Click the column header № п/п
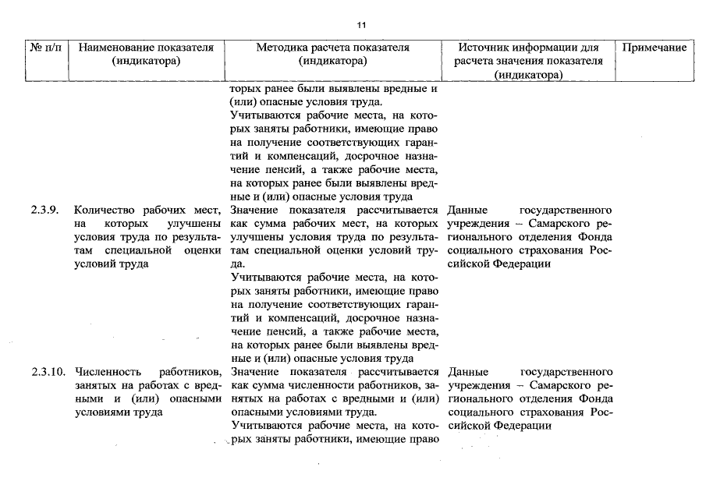[46, 48]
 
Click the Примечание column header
[655, 48]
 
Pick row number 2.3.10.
[46, 372]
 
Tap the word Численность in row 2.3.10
[108, 372]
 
